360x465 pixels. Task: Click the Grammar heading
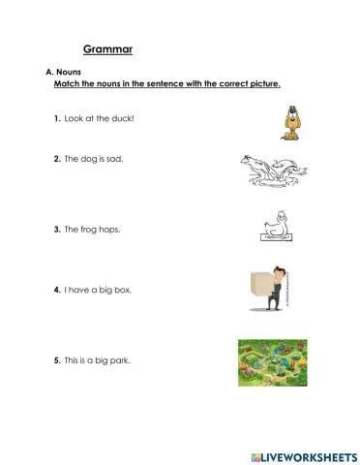[x=107, y=47]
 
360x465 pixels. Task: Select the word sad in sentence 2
[x=118, y=157]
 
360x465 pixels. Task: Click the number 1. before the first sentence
[x=58, y=117]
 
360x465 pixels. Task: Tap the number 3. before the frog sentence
[x=58, y=230]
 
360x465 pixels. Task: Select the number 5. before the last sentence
[x=58, y=361]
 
